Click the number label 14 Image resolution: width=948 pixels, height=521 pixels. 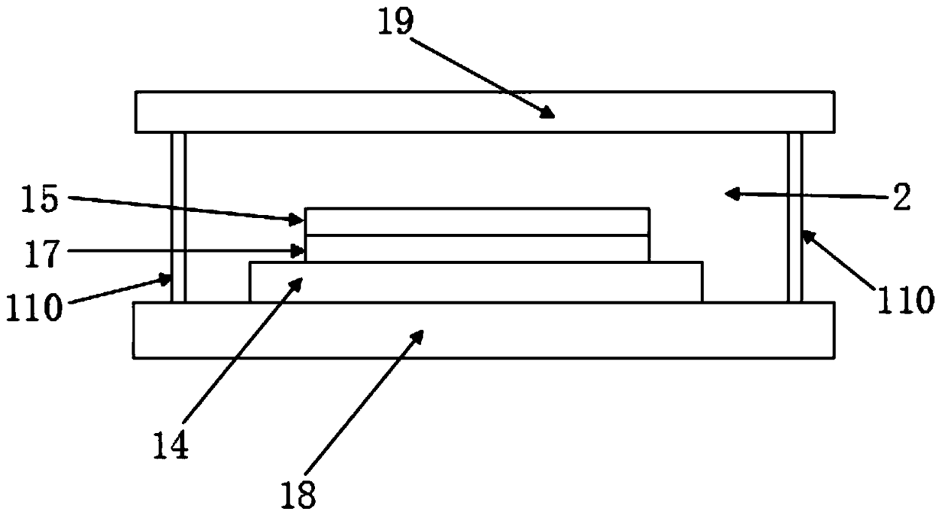tap(170, 444)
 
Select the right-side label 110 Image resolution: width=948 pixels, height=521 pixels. tap(905, 300)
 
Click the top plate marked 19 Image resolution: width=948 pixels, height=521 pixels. tap(484, 112)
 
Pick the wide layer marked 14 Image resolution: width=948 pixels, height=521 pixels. tap(476, 282)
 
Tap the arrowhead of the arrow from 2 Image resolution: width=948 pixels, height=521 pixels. tap(730, 194)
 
